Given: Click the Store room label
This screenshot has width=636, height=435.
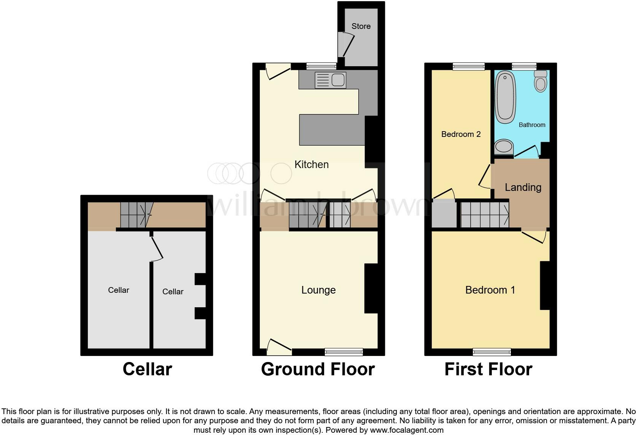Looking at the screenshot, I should click(361, 26).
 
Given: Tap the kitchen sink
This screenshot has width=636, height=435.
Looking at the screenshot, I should click(330, 80).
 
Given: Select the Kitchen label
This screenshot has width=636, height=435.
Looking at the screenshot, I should click(312, 165).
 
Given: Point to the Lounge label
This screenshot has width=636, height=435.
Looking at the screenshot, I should click(318, 290).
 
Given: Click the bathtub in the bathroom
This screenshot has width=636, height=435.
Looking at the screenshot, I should click(505, 97).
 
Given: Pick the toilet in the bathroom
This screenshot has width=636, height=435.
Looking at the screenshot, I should click(541, 81).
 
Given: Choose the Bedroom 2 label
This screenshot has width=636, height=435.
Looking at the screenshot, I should click(461, 134).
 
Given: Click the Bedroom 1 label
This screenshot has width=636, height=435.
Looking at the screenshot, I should click(490, 290).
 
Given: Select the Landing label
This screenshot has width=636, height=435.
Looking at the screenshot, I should click(523, 187).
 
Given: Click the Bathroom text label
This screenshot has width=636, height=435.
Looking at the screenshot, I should click(532, 125).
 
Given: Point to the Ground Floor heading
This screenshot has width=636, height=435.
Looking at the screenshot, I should click(318, 369).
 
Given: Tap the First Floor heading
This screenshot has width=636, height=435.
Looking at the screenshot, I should click(488, 369).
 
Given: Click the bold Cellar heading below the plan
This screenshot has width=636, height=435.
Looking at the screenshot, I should click(147, 369).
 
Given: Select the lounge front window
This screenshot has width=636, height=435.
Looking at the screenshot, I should click(343, 352).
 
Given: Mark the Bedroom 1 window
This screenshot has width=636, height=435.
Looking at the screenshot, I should click(492, 352).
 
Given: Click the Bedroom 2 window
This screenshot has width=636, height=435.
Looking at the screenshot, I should click(469, 67).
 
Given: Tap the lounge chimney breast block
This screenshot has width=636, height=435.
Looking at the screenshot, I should click(371, 288).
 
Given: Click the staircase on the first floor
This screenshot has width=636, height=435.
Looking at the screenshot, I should click(485, 215).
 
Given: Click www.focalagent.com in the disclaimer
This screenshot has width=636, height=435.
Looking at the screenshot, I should click(407, 430).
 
